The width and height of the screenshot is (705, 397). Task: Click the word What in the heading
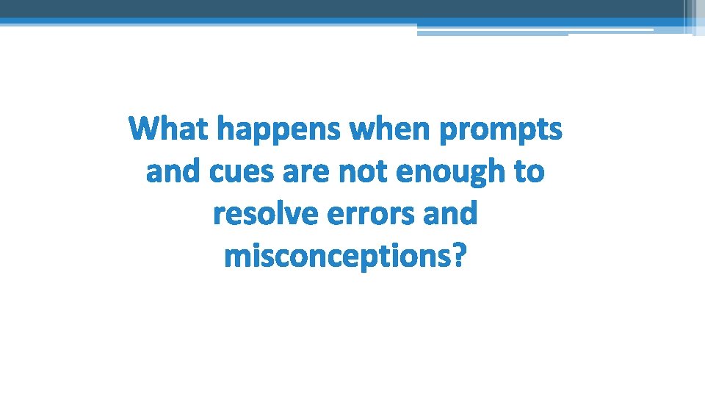click(x=170, y=129)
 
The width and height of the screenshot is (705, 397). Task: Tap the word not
click(x=366, y=172)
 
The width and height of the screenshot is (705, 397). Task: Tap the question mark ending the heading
click(x=458, y=256)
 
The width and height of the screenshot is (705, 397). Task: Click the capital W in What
click(x=144, y=129)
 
